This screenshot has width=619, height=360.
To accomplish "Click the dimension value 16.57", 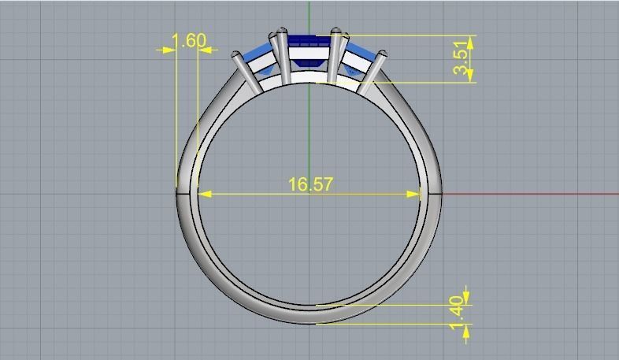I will point(310,184).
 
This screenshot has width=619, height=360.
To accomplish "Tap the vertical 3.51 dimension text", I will point(463,58).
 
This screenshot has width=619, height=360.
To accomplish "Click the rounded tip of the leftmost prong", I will point(235,55).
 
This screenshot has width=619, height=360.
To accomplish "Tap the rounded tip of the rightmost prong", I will point(382,55).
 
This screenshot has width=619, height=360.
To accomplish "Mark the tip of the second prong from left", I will point(279,33).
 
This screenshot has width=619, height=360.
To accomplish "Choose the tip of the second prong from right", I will point(337,33).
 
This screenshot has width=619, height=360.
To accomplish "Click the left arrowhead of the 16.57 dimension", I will point(202,194).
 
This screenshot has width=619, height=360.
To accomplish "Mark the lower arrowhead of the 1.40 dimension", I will point(466,329).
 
